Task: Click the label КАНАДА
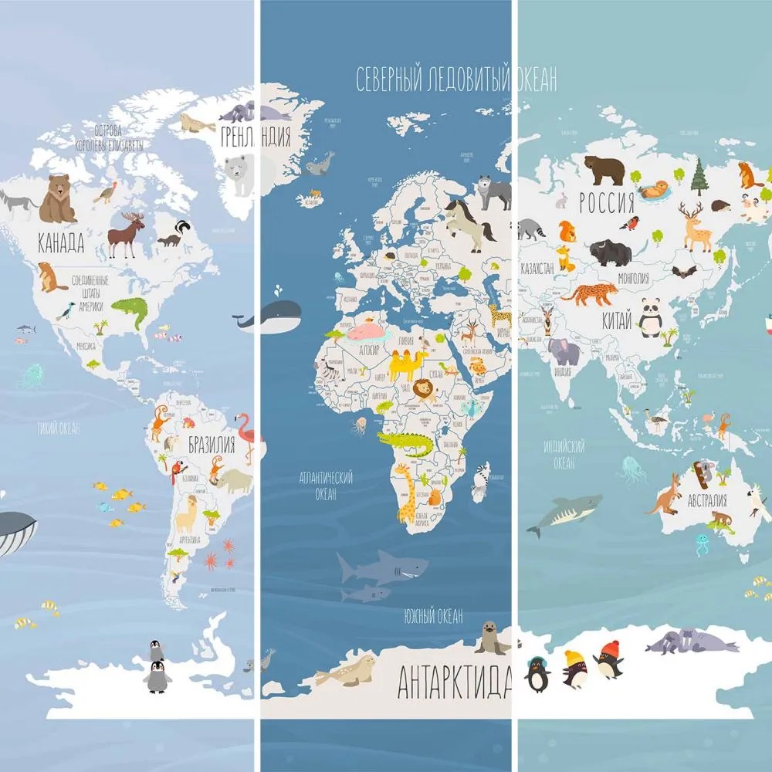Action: tap(61, 244)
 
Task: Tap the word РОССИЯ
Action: tap(607, 203)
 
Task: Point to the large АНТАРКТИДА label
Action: tap(454, 681)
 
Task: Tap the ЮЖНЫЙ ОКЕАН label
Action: tap(433, 615)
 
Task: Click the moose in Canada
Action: tap(126, 233)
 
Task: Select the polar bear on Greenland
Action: tap(239, 174)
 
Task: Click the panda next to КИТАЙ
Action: tap(651, 317)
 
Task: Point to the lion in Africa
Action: tap(424, 391)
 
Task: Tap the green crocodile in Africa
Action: tap(406, 444)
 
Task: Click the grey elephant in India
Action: tap(564, 351)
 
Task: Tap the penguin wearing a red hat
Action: tap(610, 661)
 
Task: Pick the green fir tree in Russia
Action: tap(700, 177)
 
